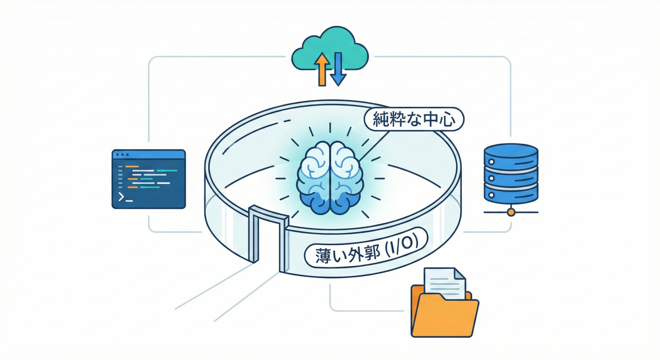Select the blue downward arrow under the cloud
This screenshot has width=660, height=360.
[x=337, y=69]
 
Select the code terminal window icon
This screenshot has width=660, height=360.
[x=149, y=179]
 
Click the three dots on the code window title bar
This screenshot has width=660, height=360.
[x=122, y=154]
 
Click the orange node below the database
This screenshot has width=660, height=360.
[x=511, y=212]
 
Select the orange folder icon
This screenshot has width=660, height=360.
[x=444, y=312]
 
